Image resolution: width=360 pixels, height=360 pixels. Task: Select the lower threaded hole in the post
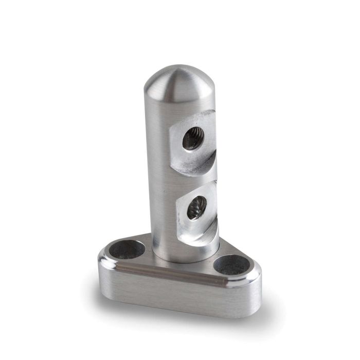[x=196, y=208]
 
